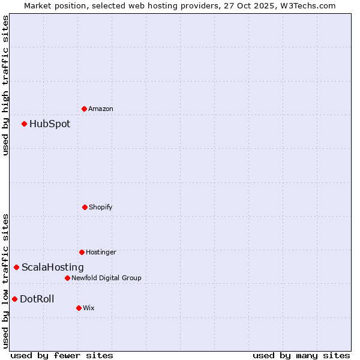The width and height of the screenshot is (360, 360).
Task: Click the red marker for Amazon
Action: (x=85, y=109)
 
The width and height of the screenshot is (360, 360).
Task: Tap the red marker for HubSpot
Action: (x=25, y=124)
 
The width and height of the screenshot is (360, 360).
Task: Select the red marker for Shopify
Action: (x=85, y=207)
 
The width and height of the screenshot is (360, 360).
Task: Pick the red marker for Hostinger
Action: (x=82, y=252)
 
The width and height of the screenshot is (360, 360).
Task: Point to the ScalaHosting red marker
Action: (x=17, y=267)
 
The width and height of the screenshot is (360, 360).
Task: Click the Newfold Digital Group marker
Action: (x=67, y=278)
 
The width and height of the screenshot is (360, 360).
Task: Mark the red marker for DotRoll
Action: (x=15, y=299)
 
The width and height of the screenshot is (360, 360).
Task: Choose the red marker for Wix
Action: (x=79, y=308)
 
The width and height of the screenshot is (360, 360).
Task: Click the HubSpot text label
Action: (x=50, y=124)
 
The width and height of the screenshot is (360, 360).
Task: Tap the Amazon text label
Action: (x=101, y=109)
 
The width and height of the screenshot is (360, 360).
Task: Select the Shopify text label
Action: (x=101, y=207)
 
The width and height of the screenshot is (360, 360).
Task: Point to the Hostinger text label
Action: (x=101, y=252)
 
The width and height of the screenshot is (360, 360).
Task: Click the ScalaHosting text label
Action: (x=53, y=267)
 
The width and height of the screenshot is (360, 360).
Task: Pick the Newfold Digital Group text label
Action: (x=106, y=278)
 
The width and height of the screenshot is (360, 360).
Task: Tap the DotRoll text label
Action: (x=37, y=299)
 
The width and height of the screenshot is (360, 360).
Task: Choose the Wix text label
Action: (x=89, y=308)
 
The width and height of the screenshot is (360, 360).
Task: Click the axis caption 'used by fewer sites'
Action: (x=62, y=355)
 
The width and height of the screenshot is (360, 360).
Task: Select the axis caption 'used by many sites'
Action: (x=301, y=355)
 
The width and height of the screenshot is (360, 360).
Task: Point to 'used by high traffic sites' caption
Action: (x=5, y=85)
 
